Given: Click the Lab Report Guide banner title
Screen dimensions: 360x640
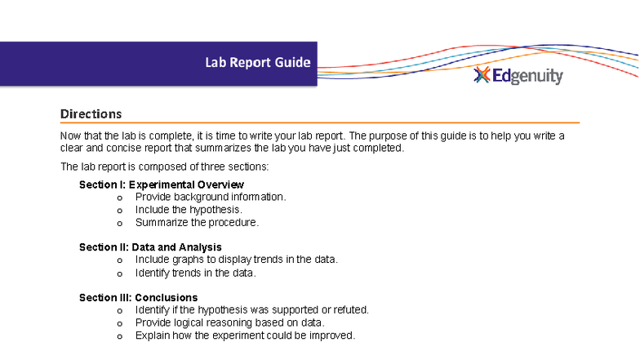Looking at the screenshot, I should tap(257, 63).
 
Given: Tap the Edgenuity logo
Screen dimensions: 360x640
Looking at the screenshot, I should tap(519, 76).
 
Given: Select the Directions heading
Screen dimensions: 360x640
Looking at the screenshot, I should tap(91, 114).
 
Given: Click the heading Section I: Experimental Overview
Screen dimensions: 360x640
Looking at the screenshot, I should tap(161, 185).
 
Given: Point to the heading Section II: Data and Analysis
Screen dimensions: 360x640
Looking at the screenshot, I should tap(150, 247).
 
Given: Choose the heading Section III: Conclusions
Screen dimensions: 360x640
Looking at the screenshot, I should tap(138, 298).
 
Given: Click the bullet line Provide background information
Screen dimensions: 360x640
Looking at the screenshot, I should tap(211, 198).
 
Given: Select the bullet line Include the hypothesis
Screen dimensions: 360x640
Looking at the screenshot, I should tap(189, 210).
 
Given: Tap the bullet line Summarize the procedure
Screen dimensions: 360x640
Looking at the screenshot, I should tap(197, 222).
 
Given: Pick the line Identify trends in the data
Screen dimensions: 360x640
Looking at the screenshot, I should tap(196, 273).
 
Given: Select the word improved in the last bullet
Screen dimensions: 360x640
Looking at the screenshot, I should tap(334, 336).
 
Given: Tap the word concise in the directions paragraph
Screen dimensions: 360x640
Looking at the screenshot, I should tap(119, 149).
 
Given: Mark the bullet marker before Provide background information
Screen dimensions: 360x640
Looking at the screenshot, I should tap(120, 198).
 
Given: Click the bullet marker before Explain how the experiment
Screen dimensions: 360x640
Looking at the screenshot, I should tap(120, 336).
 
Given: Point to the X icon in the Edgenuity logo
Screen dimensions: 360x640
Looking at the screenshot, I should tap(482, 76).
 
